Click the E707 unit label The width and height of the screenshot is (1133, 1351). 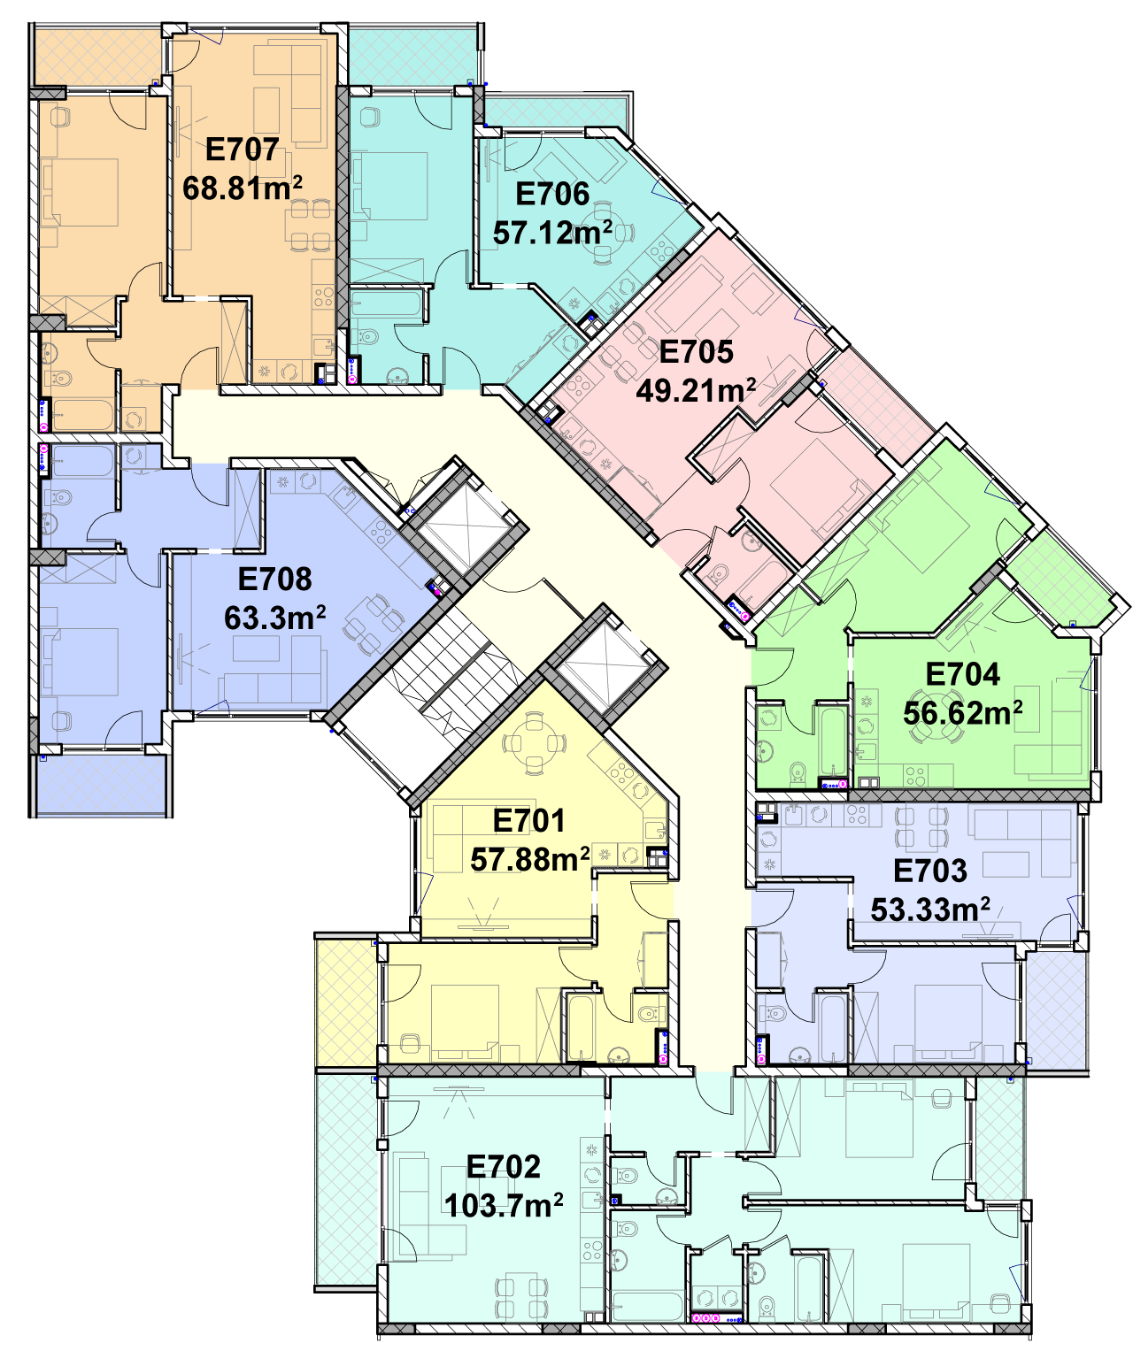(x=243, y=150)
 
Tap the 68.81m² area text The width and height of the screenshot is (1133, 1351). (x=243, y=188)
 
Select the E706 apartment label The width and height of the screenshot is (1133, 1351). (x=552, y=194)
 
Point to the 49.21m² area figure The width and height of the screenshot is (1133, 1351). (x=696, y=391)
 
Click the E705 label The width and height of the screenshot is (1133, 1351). (x=696, y=352)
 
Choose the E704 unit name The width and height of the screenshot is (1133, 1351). (x=963, y=674)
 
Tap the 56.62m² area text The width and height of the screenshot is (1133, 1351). (x=963, y=713)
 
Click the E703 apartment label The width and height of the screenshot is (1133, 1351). (x=930, y=871)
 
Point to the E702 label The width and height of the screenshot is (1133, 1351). (x=504, y=1167)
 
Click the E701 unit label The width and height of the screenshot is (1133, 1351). (x=529, y=821)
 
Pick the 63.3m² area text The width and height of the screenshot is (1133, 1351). (x=274, y=618)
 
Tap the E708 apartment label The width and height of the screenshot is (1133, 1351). (x=274, y=580)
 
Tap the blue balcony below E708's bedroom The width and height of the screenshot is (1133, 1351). (x=102, y=784)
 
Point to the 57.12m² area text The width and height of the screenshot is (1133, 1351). (x=552, y=233)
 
